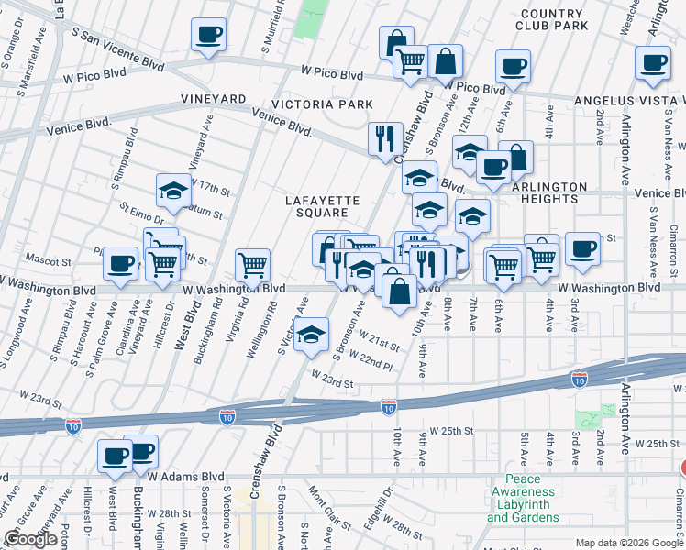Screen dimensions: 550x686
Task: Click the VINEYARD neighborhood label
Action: pos(213,99)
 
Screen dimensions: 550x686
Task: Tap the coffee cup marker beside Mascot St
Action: pos(120,264)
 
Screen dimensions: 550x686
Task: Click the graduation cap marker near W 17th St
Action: pos(173,191)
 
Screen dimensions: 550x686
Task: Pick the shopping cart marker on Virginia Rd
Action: pos(252,265)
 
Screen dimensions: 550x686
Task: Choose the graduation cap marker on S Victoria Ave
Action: pos(313,335)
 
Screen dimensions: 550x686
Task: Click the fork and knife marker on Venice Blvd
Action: pos(384,138)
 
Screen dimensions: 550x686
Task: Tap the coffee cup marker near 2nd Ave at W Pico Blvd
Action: pos(653,62)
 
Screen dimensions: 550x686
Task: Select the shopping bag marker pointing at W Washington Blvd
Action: pos(400,292)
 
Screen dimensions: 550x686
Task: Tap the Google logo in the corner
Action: pos(30,539)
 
